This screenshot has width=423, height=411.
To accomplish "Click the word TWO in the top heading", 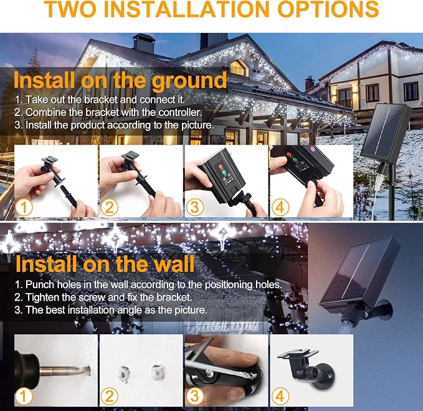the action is (x=70, y=9).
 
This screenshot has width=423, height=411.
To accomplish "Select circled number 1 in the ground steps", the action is (x=24, y=208).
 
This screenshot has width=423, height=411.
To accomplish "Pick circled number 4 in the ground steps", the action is (x=280, y=208).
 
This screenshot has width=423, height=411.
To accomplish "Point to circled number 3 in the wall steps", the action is (x=194, y=396).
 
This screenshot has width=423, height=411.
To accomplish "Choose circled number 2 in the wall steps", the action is (x=109, y=396).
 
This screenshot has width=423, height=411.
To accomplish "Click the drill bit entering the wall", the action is (x=65, y=369).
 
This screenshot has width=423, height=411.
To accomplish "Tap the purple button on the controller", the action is (x=313, y=148).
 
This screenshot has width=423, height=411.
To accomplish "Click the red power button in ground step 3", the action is (x=221, y=167).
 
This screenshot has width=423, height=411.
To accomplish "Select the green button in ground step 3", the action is (x=224, y=173).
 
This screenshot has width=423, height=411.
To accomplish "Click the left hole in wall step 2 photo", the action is (x=123, y=374).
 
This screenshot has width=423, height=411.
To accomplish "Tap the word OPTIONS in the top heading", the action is (x=328, y=9).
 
